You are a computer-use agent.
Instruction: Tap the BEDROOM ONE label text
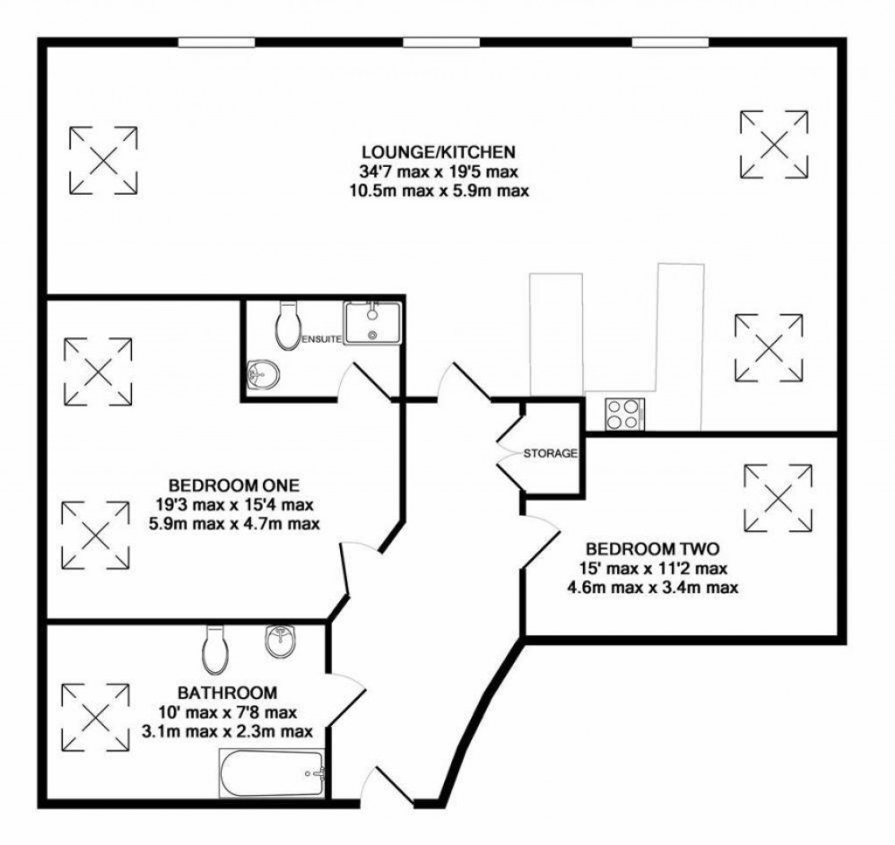[x=234, y=485]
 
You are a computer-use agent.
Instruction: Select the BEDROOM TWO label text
[x=652, y=550]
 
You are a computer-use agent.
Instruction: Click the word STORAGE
[x=551, y=454]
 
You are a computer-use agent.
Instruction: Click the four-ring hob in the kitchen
[x=623, y=413]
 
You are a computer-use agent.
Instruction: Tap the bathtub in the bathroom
[x=274, y=771]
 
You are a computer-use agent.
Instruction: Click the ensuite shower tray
[x=372, y=322]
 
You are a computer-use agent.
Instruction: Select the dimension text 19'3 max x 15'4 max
[x=234, y=505]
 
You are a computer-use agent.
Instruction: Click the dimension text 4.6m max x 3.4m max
[x=652, y=588]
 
